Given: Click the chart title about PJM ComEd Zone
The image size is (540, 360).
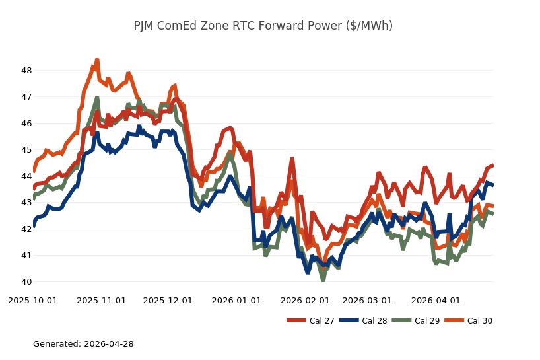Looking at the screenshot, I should tap(263, 26).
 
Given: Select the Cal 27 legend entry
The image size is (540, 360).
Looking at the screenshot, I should tap(308, 321).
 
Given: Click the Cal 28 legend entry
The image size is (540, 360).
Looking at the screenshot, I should tap(360, 321).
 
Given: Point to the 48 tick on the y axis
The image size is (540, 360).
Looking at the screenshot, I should tap(26, 71).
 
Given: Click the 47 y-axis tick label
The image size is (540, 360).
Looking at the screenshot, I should tap(26, 97).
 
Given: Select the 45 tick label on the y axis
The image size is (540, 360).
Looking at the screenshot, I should tap(26, 150).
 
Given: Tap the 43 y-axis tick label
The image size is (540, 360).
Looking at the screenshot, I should tap(26, 203).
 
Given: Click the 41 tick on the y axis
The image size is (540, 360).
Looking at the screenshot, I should tap(26, 256).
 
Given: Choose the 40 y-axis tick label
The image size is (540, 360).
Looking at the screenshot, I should tap(26, 282).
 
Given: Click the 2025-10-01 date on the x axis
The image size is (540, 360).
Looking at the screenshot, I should tap(32, 301).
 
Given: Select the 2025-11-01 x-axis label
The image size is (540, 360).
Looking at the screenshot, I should tap(101, 301).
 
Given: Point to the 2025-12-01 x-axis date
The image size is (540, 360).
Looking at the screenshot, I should tap(168, 301).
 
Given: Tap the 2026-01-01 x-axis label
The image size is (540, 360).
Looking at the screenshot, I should tap(236, 301).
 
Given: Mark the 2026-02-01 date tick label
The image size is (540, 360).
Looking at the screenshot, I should tap(305, 301).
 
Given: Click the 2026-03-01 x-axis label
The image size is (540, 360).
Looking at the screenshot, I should tap(367, 301).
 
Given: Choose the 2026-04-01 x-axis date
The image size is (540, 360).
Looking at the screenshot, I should tap(436, 301).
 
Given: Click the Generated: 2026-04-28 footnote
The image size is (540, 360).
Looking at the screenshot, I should tap(83, 344).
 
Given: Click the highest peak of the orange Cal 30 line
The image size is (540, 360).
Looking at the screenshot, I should tap(97, 60).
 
